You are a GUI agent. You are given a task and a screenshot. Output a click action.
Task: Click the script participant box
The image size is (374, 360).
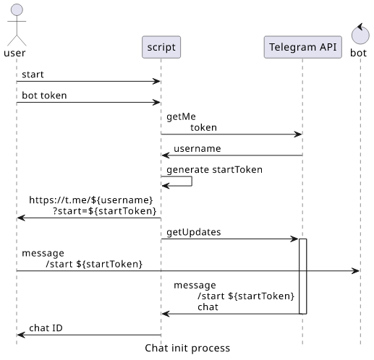coord(161,47)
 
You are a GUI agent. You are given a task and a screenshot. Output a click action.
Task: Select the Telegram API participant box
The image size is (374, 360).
coord(303,47)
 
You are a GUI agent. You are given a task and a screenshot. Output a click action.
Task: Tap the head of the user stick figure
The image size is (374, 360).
coord(17,10)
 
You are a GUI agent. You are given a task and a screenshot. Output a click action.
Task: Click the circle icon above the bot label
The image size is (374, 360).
coord(360,35)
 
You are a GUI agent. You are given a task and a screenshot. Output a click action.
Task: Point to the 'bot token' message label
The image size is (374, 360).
coord(44,95)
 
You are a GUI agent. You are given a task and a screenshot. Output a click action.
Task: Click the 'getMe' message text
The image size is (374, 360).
coord(181,116)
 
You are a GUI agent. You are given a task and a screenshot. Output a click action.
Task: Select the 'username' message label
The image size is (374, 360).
coord(197,149)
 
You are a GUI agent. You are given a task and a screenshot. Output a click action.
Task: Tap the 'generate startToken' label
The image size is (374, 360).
coord(214,170)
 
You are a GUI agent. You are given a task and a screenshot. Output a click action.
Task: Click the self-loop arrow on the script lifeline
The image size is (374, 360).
coord(192,181)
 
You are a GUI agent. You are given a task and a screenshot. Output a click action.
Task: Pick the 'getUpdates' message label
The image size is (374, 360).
coord(194,232)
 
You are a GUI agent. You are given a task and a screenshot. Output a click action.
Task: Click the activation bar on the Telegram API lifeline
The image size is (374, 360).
coord(303,276)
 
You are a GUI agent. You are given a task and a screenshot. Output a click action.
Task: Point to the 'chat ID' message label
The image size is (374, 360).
coord(46,328)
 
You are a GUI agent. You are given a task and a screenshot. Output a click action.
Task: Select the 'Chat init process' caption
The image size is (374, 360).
coord(187,348)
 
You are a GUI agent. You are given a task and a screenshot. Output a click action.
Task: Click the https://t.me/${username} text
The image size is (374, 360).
coord(91,200)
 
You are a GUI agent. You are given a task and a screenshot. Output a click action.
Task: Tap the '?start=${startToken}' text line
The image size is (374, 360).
coord(105,211)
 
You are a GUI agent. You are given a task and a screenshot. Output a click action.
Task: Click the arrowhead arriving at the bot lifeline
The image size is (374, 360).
coord(356,271)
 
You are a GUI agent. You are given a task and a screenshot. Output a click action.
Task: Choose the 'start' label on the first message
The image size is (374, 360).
coord(33,74)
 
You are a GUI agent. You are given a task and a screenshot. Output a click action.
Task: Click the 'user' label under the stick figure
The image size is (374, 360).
coord(14,53)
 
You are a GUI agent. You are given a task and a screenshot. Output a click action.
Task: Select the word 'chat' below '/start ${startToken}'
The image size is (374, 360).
coord(208,307)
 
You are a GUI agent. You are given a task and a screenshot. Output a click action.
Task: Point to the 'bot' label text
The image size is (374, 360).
coord(358,53)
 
